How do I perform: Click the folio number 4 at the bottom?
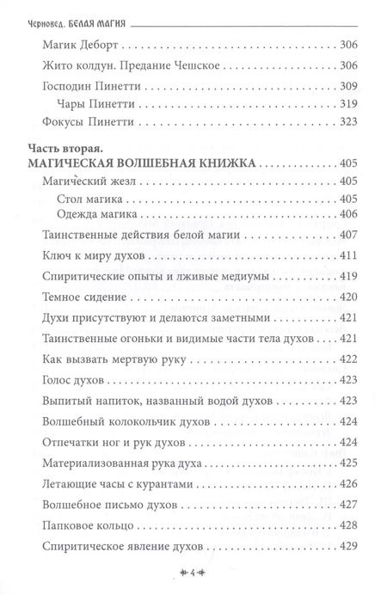(194, 570)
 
